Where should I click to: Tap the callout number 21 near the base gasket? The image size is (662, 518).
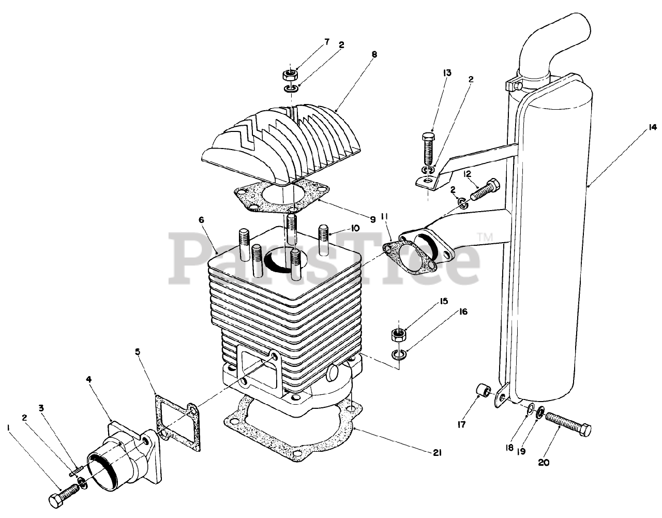point(437,453)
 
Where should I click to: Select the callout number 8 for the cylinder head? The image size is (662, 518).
point(374,54)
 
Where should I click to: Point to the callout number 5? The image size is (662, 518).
point(138,352)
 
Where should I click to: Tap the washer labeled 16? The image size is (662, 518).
point(399,354)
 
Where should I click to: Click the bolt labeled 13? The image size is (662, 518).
point(428,152)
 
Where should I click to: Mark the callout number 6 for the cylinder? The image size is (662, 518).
point(201,220)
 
